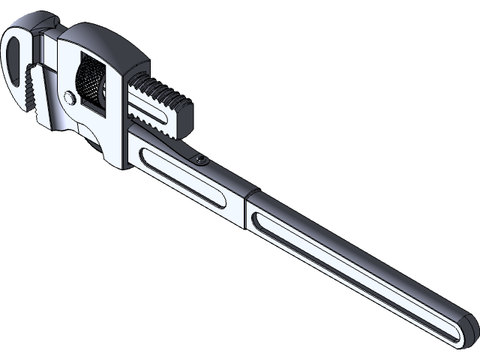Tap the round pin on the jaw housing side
tap(69, 97)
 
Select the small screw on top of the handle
tap(200, 159)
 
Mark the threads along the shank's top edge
tap(161, 89)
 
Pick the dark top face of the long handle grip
tap(360, 247)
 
